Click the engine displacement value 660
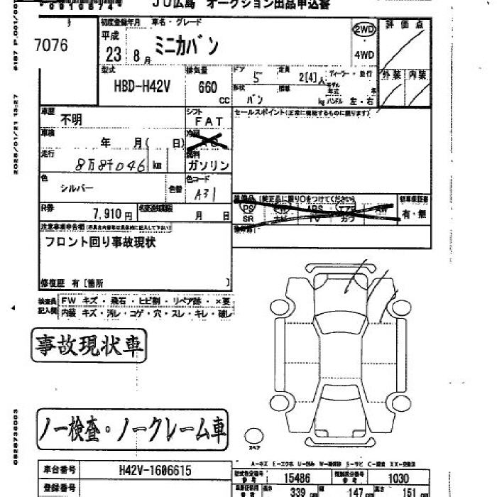pyautogui.click(x=208, y=87)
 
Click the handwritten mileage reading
pyautogui.click(x=110, y=165)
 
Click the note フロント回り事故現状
pyautogui.click(x=100, y=242)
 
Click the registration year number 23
pyautogui.click(x=112, y=55)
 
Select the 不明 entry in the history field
pyautogui.click(x=72, y=120)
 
